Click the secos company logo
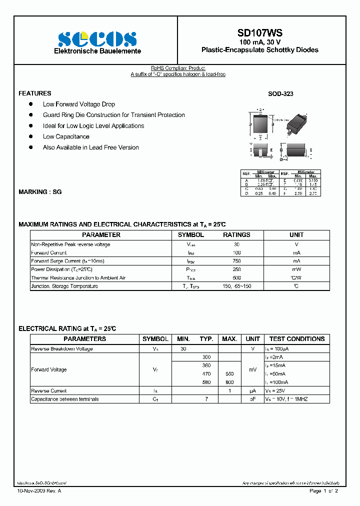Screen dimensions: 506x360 click(x=97, y=38)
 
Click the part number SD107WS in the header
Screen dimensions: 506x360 click(x=259, y=33)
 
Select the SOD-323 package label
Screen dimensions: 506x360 click(x=280, y=93)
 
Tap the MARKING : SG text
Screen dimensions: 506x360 click(x=40, y=192)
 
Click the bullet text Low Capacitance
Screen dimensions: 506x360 click(x=66, y=136)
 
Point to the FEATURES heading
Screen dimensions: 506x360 click(x=34, y=93)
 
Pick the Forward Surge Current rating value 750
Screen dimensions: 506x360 click(x=236, y=261)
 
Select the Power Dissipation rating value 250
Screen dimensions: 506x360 click(x=236, y=269)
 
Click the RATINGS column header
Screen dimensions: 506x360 click(x=236, y=234)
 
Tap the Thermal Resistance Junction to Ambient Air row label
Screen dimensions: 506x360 click(x=78, y=277)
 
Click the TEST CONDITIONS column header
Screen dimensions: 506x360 click(x=296, y=338)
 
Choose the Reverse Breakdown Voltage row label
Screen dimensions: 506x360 click(x=61, y=348)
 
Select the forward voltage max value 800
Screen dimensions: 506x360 click(x=229, y=382)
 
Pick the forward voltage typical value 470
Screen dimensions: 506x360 click(x=206, y=374)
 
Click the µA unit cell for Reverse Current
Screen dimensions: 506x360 click(x=252, y=390)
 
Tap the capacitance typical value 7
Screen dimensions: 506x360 click(x=206, y=399)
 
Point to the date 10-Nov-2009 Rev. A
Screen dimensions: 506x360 click(x=39, y=491)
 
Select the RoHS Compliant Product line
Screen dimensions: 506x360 click(x=178, y=68)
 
